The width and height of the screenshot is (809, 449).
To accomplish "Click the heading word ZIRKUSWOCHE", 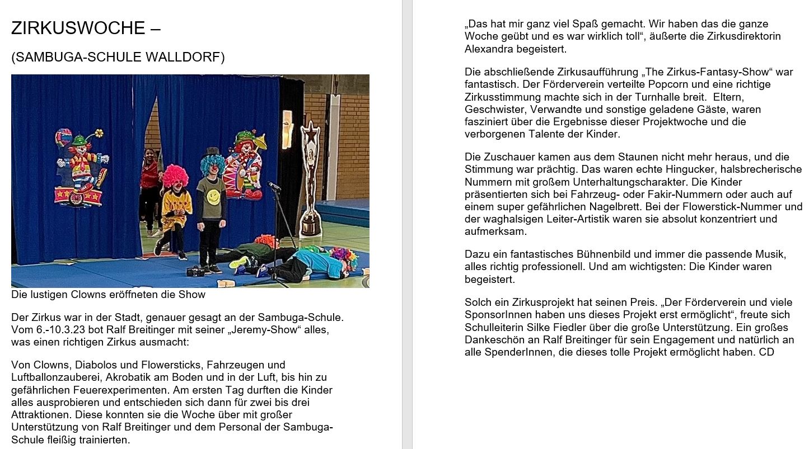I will [78, 28].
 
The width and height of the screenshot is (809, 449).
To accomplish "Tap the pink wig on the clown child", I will [175, 176].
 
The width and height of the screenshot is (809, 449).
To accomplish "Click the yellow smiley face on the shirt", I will [213, 197].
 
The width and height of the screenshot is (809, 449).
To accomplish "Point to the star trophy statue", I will [310, 179].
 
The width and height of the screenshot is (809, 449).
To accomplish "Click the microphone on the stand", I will [274, 186].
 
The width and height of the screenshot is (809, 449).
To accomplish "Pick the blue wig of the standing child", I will [213, 163].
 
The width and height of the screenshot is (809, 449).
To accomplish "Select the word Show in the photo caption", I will [192, 294].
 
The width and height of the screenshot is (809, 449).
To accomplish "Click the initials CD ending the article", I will [766, 352].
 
